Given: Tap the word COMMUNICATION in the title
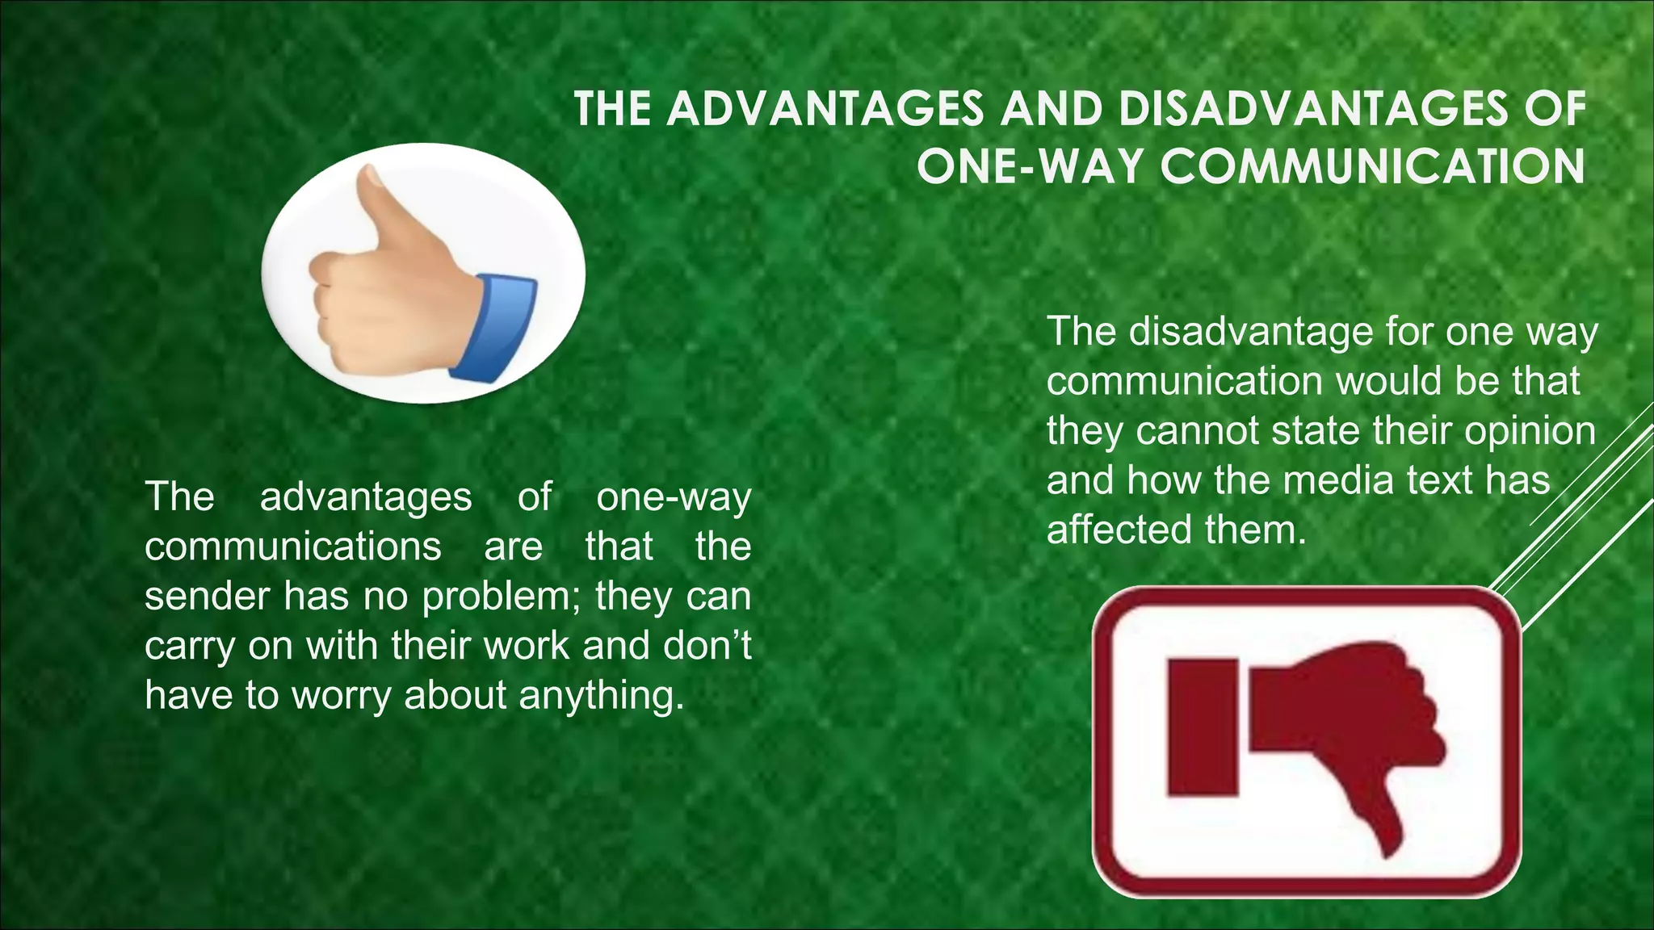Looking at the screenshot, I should (x=1373, y=167).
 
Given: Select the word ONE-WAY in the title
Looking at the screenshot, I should (x=1030, y=167).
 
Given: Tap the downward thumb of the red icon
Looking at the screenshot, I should (x=1388, y=823).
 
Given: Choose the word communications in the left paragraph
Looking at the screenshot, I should (x=292, y=547).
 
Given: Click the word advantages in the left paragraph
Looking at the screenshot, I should (x=365, y=497).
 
